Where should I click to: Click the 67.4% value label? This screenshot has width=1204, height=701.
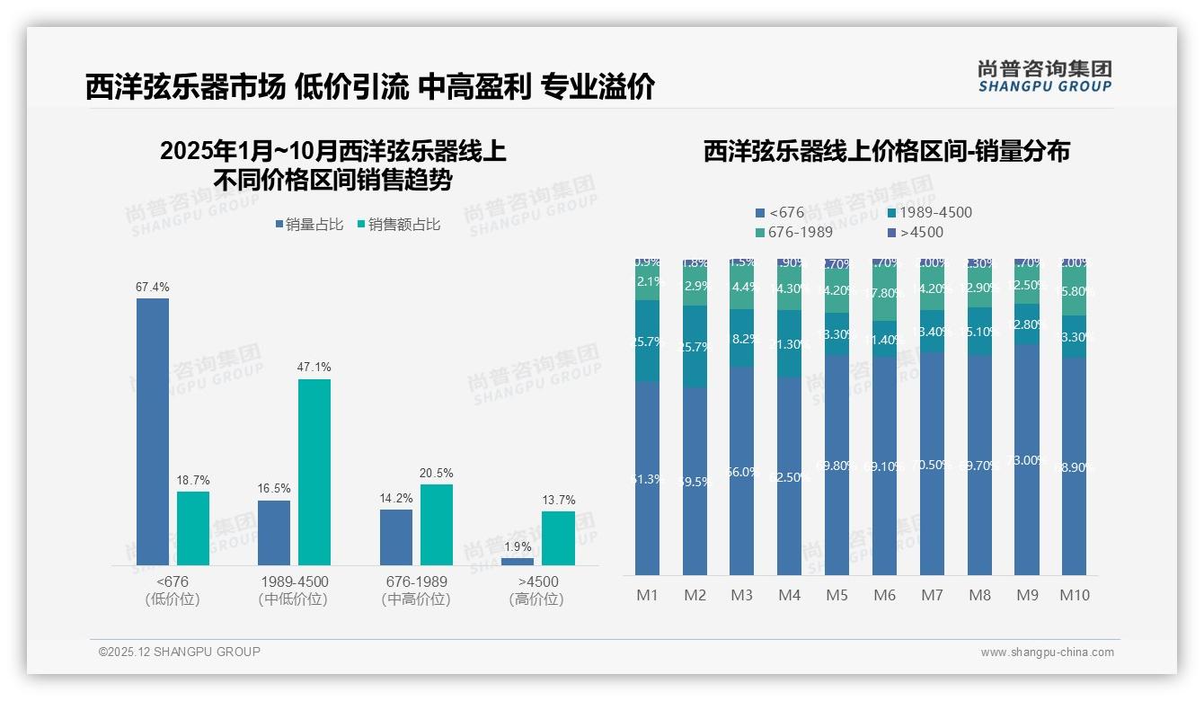[x=153, y=288]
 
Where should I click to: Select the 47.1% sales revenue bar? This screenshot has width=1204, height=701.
[x=314, y=472]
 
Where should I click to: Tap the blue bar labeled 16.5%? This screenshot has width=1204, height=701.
[x=274, y=532]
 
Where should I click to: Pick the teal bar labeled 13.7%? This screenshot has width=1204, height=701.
[x=558, y=538]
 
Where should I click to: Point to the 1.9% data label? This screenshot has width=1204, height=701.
[x=518, y=547]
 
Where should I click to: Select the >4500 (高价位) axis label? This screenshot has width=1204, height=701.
[x=537, y=590]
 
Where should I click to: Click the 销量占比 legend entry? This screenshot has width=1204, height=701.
[x=309, y=225]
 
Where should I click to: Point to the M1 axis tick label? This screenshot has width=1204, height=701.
[x=647, y=595]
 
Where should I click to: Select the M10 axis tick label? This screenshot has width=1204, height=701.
[x=1074, y=595]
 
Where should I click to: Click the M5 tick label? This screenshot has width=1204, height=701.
[x=837, y=595]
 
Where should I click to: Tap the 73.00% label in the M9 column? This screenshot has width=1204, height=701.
[x=1027, y=460]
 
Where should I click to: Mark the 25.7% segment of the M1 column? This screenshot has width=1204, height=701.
[x=647, y=341]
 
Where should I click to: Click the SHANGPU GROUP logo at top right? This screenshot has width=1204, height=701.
[x=1044, y=76]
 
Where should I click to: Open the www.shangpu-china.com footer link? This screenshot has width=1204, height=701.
[x=1047, y=652]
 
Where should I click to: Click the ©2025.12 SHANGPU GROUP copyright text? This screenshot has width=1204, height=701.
[x=180, y=652]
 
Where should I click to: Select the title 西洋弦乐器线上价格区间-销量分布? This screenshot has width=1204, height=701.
[x=886, y=151]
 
